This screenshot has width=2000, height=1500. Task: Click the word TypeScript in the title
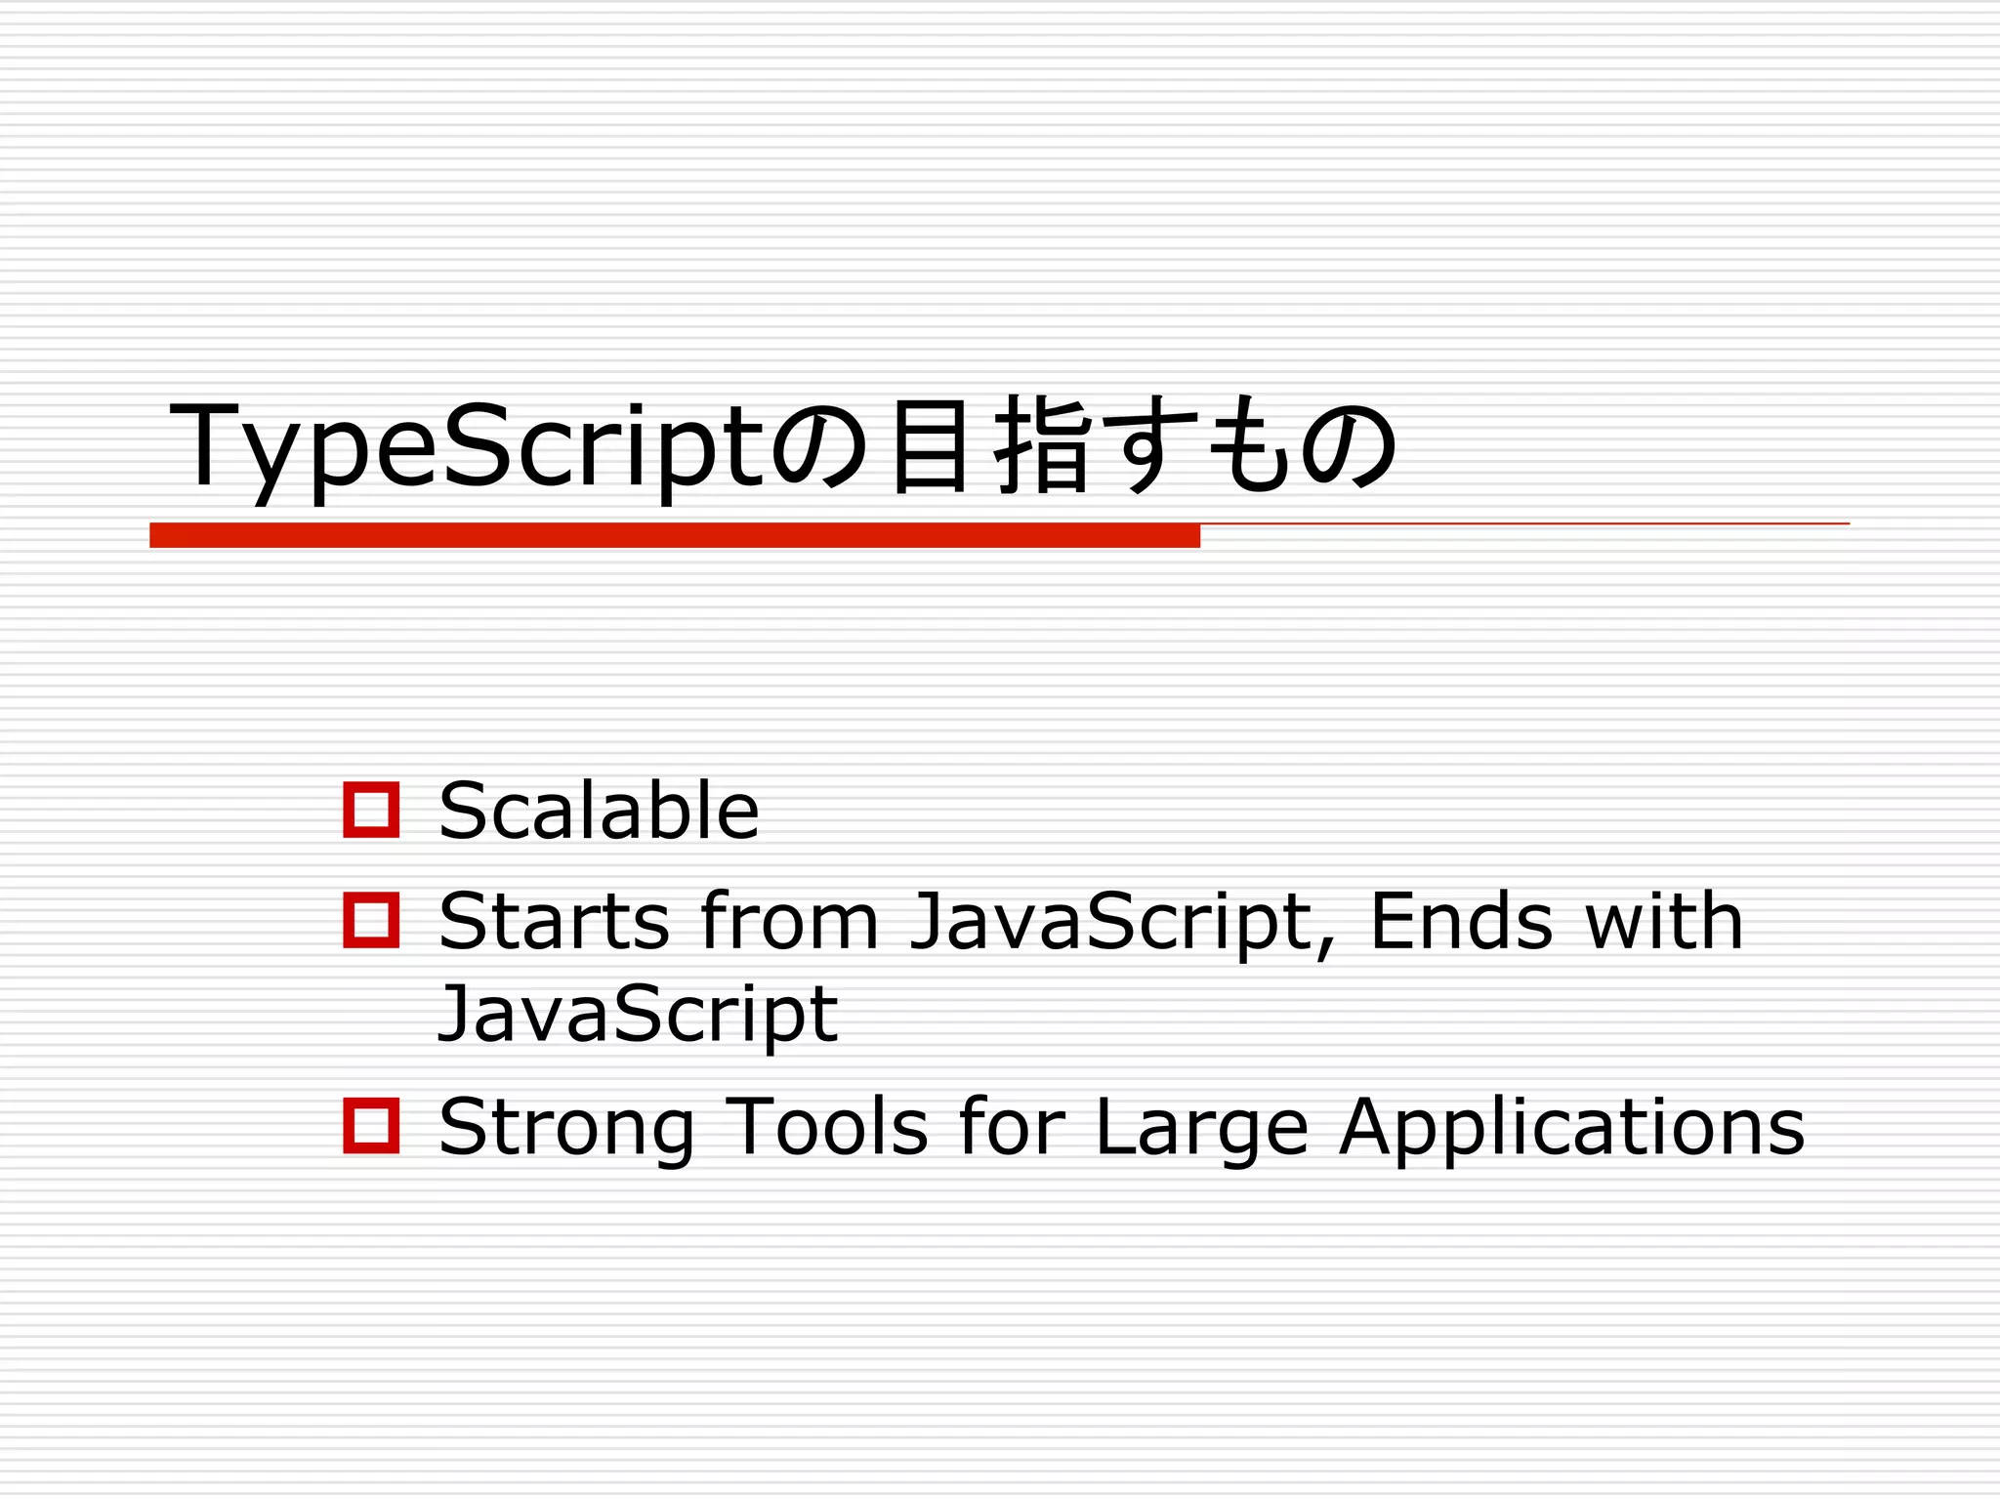[x=467, y=446]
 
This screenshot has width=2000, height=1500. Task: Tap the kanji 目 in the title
[x=930, y=446]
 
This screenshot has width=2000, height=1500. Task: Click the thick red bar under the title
[x=674, y=535]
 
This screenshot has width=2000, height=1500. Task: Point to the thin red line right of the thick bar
[x=1523, y=524]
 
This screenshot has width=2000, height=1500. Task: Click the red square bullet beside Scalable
[x=371, y=810]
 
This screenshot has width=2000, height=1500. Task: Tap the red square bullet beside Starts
[x=371, y=920]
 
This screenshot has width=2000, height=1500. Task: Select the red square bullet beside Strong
[x=371, y=1126]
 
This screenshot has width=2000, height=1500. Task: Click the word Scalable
[x=599, y=811]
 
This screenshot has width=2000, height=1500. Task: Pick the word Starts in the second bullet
[x=554, y=921]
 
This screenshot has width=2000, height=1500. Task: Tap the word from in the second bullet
[x=789, y=921]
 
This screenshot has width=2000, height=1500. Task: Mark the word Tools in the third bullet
[x=826, y=1127]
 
